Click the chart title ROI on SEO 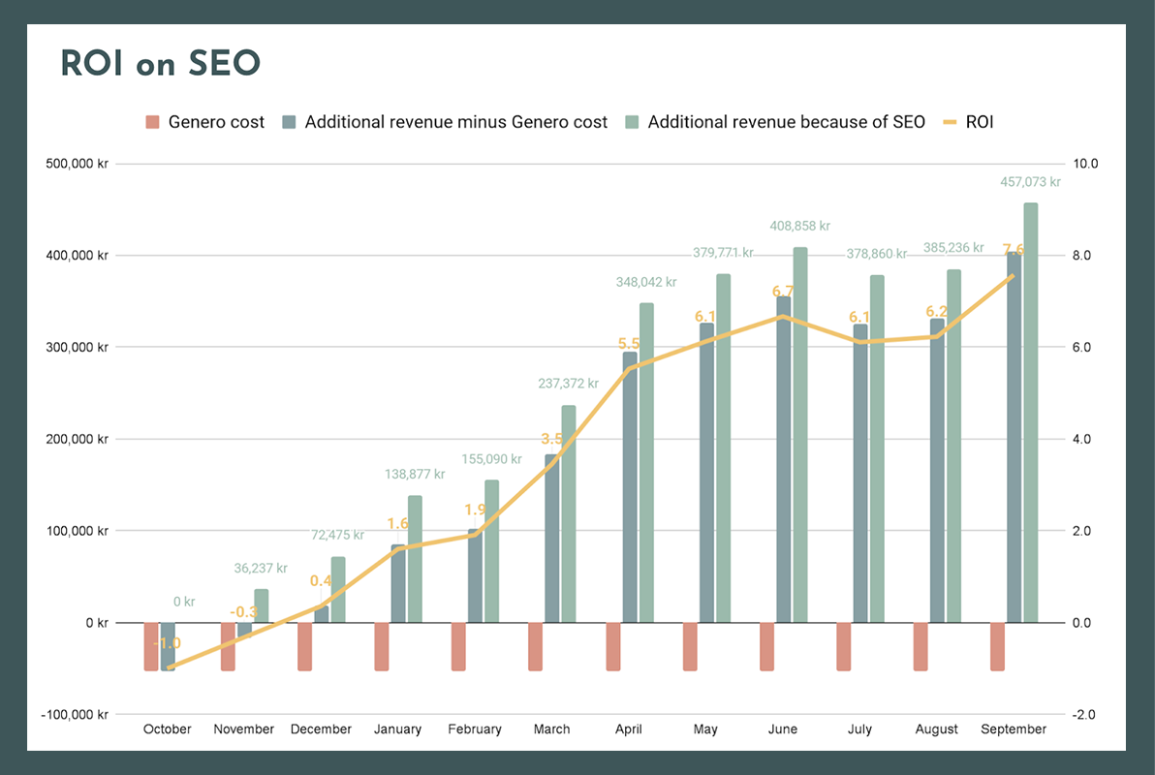tap(161, 64)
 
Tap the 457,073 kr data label tap(1030, 181)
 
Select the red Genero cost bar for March tap(536, 646)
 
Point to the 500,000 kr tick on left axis tap(78, 164)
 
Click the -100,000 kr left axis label tap(75, 715)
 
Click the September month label tap(1014, 729)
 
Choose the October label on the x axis tap(168, 729)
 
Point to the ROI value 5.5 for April tap(629, 344)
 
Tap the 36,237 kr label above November tap(261, 569)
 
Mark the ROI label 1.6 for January tap(398, 523)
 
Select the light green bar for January tap(415, 559)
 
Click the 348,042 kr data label tap(646, 283)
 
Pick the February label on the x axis tap(475, 729)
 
